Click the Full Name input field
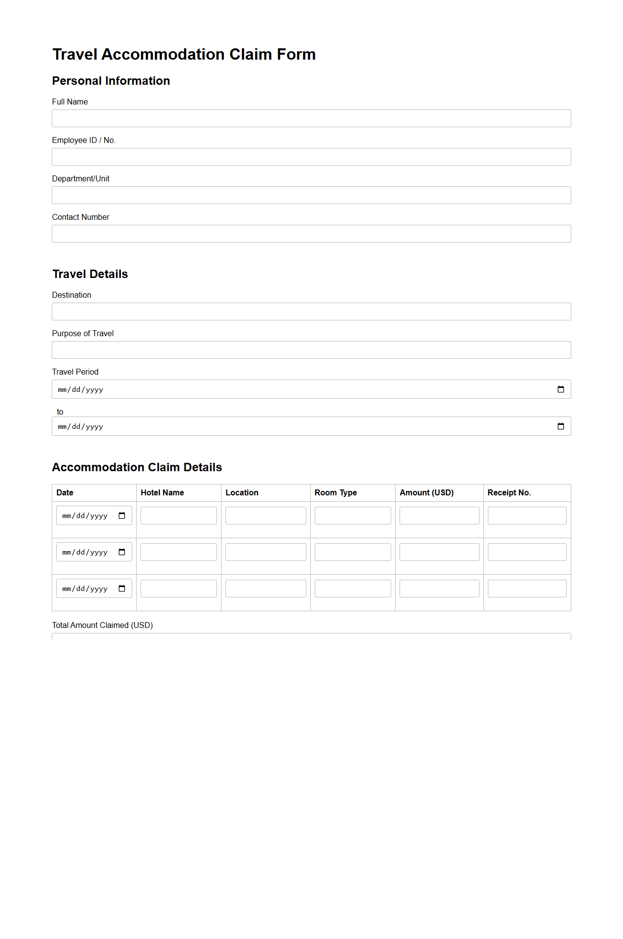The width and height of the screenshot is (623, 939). pos(311,118)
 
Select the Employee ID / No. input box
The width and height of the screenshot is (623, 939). pos(311,157)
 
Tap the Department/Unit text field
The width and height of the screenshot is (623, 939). pos(311,195)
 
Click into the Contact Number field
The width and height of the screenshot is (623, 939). pos(311,234)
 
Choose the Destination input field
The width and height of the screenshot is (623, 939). pos(311,312)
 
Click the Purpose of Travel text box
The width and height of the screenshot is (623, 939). pos(311,350)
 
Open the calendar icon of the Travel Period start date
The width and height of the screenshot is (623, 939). pos(560,389)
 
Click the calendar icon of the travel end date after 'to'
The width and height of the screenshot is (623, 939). pos(560,426)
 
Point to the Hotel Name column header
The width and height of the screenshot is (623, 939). pos(162,492)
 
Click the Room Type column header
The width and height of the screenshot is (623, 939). pos(335,492)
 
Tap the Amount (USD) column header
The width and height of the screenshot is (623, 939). pos(426,492)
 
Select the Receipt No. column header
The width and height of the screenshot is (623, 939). pos(509,492)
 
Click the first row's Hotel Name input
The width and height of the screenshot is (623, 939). pos(179,516)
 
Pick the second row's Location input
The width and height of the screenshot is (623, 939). pos(265,552)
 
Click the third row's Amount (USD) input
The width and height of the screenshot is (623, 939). pos(439,589)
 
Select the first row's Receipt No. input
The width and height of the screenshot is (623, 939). pos(527,516)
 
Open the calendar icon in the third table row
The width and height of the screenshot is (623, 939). pos(122,589)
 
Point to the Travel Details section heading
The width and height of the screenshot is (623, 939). pos(90,274)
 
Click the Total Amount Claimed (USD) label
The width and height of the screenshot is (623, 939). pos(103,625)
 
